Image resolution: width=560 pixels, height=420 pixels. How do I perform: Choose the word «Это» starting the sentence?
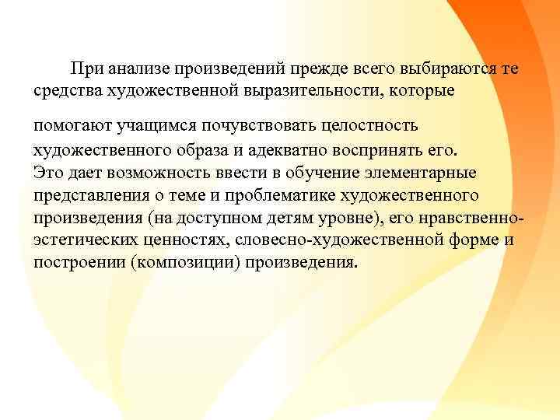[48, 170]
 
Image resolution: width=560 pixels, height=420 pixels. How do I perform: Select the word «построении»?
[80, 262]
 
